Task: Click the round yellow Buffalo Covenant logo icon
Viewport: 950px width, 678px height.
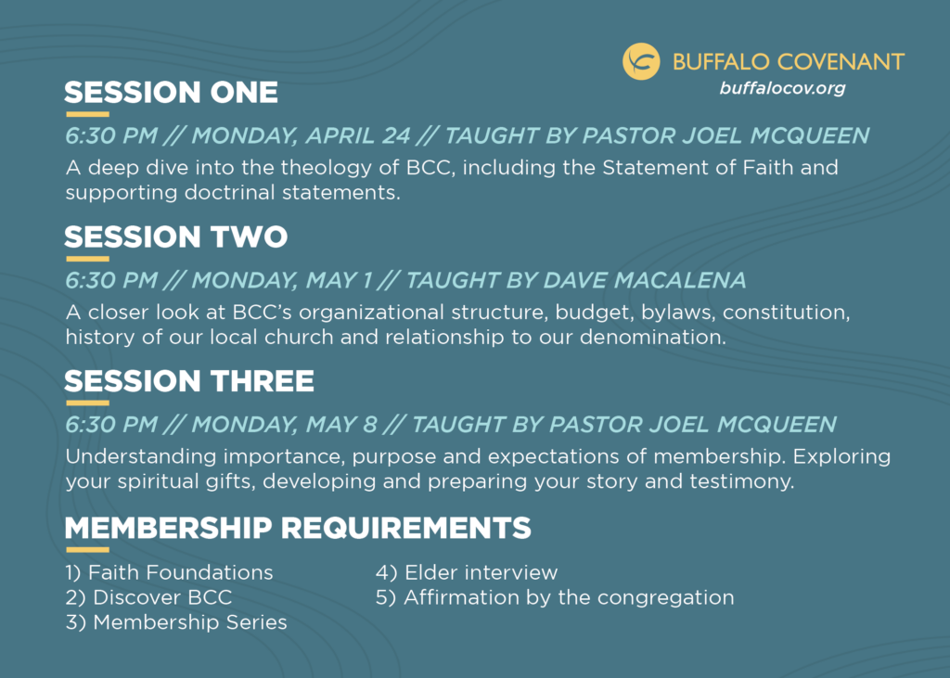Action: (x=641, y=62)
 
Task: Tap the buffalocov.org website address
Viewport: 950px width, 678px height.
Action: (x=782, y=88)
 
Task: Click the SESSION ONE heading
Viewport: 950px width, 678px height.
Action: (x=171, y=93)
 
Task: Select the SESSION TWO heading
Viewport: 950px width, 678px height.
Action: (x=175, y=237)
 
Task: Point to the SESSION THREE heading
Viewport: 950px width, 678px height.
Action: (x=189, y=381)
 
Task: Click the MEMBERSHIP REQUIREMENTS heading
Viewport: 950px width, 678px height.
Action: (x=298, y=528)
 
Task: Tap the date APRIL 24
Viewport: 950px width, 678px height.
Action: (x=358, y=135)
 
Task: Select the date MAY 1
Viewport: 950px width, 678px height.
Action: (x=340, y=280)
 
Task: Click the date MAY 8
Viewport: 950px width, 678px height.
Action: (x=341, y=425)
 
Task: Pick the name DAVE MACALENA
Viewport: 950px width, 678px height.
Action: (x=645, y=280)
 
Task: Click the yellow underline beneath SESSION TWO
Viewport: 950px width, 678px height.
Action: (x=88, y=259)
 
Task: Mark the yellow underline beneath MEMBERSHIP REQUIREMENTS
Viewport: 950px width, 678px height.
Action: (x=88, y=550)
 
